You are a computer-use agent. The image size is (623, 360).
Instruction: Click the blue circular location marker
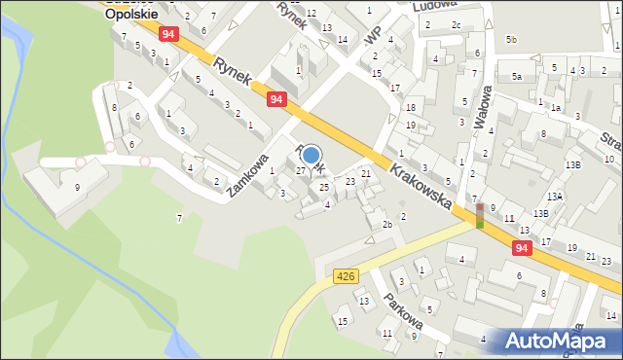tap(311, 155)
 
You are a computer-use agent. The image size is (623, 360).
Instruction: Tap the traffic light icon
tap(479, 215)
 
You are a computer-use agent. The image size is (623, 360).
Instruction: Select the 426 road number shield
tap(345, 276)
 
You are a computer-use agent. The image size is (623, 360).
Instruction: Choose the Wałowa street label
tap(481, 106)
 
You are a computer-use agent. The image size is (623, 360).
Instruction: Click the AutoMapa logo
tap(559, 341)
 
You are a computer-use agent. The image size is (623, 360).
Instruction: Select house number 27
tap(301, 170)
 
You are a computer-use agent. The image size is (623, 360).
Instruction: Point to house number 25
tap(324, 186)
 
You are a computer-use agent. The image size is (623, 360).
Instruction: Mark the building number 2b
tap(386, 225)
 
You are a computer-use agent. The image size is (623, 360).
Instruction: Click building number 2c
tap(456, 24)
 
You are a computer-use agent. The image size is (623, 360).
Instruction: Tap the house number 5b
tap(511, 39)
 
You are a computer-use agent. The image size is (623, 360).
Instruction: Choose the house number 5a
tap(518, 76)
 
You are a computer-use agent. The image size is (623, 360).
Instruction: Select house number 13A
tap(555, 196)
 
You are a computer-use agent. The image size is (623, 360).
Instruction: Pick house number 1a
tap(555, 109)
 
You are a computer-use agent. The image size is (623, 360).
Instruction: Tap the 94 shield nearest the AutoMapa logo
tap(523, 248)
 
